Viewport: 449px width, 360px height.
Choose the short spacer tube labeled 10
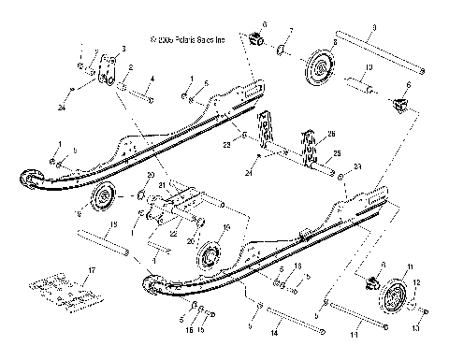pyautogui.click(x=365, y=92)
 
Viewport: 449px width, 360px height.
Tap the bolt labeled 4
pyautogui.click(x=138, y=94)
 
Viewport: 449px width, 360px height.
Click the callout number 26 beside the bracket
pyautogui.click(x=327, y=134)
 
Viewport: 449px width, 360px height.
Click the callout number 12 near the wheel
pyautogui.click(x=417, y=281)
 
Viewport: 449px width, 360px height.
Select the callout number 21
pyautogui.click(x=162, y=186)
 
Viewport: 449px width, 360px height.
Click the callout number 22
pyautogui.click(x=170, y=234)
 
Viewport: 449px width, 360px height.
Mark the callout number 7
pyautogui.click(x=291, y=32)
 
